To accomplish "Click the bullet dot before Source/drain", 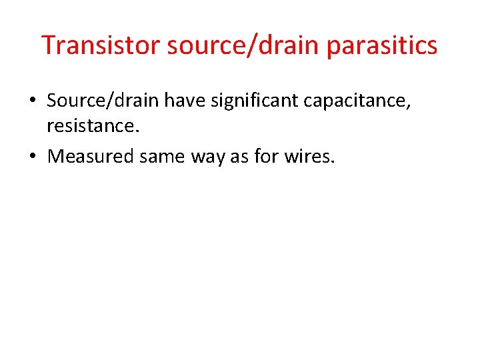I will pos(32,101).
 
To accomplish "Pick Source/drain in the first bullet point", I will pos(103,101).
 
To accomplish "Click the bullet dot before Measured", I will pos(32,157).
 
